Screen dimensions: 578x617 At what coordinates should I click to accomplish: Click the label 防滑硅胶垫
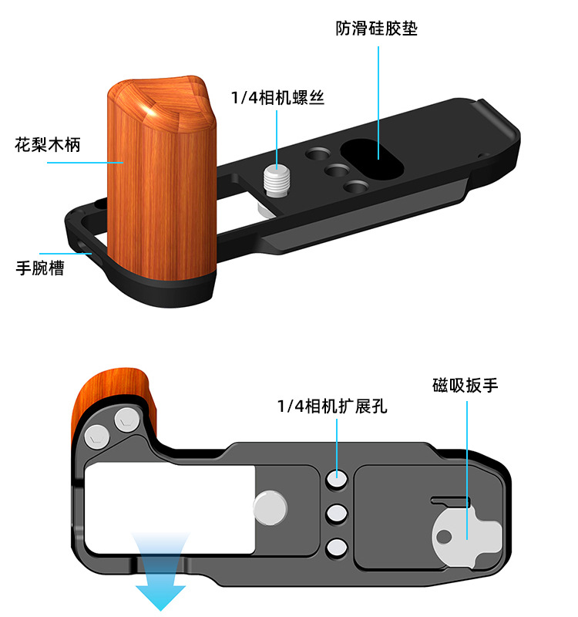click(x=377, y=29)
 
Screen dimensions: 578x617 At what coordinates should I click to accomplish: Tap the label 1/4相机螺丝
click(x=277, y=98)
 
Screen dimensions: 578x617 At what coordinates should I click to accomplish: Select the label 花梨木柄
click(x=48, y=144)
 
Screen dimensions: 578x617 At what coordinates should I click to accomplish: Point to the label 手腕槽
click(x=40, y=269)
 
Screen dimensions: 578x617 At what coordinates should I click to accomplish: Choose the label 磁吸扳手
click(x=465, y=385)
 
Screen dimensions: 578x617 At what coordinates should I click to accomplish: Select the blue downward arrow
click(x=161, y=574)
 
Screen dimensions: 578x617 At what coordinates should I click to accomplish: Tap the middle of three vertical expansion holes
click(x=336, y=514)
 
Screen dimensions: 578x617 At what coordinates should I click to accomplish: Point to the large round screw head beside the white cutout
click(x=270, y=509)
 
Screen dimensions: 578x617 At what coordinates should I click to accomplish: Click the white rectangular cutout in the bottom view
click(x=170, y=509)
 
